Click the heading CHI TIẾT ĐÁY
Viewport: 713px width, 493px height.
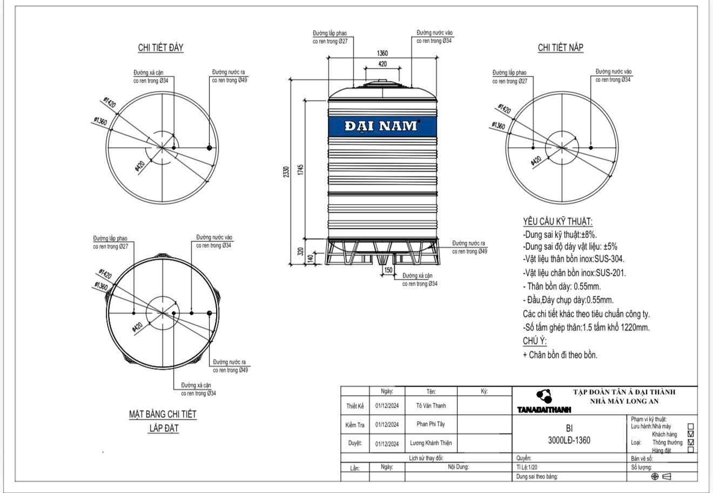point(160,48)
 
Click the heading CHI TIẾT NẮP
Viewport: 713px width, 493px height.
point(561,48)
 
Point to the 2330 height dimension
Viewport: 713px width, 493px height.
point(286,172)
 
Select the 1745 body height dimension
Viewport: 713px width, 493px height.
point(300,170)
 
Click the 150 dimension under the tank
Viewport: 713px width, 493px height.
point(388,270)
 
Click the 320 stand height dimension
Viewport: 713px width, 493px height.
point(300,252)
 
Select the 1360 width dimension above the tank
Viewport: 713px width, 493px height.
point(382,53)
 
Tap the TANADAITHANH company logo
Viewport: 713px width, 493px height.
point(544,401)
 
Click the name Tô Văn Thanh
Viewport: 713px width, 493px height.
point(431,406)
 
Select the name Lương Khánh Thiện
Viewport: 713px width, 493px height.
point(431,443)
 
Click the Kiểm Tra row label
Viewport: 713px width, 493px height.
point(354,425)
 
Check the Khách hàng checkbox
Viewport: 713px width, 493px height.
point(690,434)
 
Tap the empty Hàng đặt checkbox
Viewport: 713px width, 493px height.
point(690,450)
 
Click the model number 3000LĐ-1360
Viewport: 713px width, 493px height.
point(569,440)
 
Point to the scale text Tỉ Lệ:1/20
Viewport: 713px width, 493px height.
point(527,467)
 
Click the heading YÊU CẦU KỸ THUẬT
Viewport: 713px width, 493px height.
point(557,222)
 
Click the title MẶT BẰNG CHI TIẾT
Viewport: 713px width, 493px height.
point(163,414)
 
